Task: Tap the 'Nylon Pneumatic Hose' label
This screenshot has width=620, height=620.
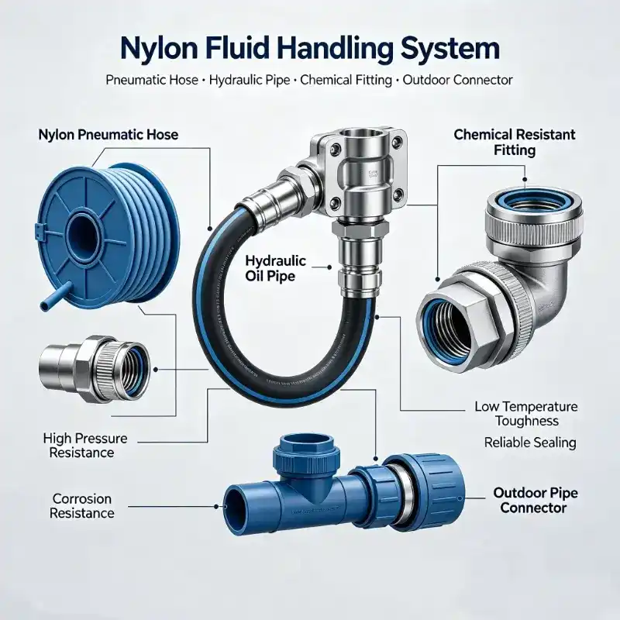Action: (x=108, y=135)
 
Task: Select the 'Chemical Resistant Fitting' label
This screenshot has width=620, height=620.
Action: (x=515, y=143)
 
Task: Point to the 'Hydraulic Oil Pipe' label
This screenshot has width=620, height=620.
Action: (x=276, y=268)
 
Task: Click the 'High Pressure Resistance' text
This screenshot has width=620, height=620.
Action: (x=85, y=445)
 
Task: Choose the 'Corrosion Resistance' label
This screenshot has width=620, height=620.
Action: (x=82, y=506)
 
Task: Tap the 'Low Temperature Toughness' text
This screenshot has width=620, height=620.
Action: (x=526, y=414)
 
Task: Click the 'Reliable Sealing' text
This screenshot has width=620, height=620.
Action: (x=530, y=443)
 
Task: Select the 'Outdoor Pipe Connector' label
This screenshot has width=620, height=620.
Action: (x=536, y=500)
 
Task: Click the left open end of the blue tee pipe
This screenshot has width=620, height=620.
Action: (x=233, y=508)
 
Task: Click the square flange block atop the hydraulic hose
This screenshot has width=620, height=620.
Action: (x=360, y=173)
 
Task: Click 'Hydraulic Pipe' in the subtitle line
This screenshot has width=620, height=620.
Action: (x=250, y=81)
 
